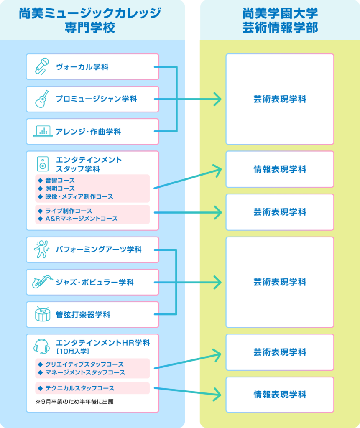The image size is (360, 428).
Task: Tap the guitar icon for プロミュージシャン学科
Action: coord(42,99)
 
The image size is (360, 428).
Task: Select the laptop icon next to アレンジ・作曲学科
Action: coord(43,132)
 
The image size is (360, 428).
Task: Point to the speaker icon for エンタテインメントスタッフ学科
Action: coord(42,164)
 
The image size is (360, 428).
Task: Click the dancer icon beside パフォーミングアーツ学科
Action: coord(41,250)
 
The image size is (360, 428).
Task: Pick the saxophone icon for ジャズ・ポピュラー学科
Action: coord(42,282)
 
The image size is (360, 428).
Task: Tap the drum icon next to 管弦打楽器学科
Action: coord(42,314)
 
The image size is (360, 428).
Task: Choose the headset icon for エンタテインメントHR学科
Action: coord(41,346)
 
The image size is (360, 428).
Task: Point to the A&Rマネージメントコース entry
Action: coord(81,219)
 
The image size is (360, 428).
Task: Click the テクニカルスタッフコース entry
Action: coord(79,388)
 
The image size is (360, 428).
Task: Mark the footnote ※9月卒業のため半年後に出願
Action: coord(75,402)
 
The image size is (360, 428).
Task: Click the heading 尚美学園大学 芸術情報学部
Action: coord(280,20)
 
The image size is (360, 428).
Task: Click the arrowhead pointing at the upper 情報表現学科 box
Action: coord(218,169)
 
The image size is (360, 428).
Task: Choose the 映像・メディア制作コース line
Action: coord(79,196)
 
